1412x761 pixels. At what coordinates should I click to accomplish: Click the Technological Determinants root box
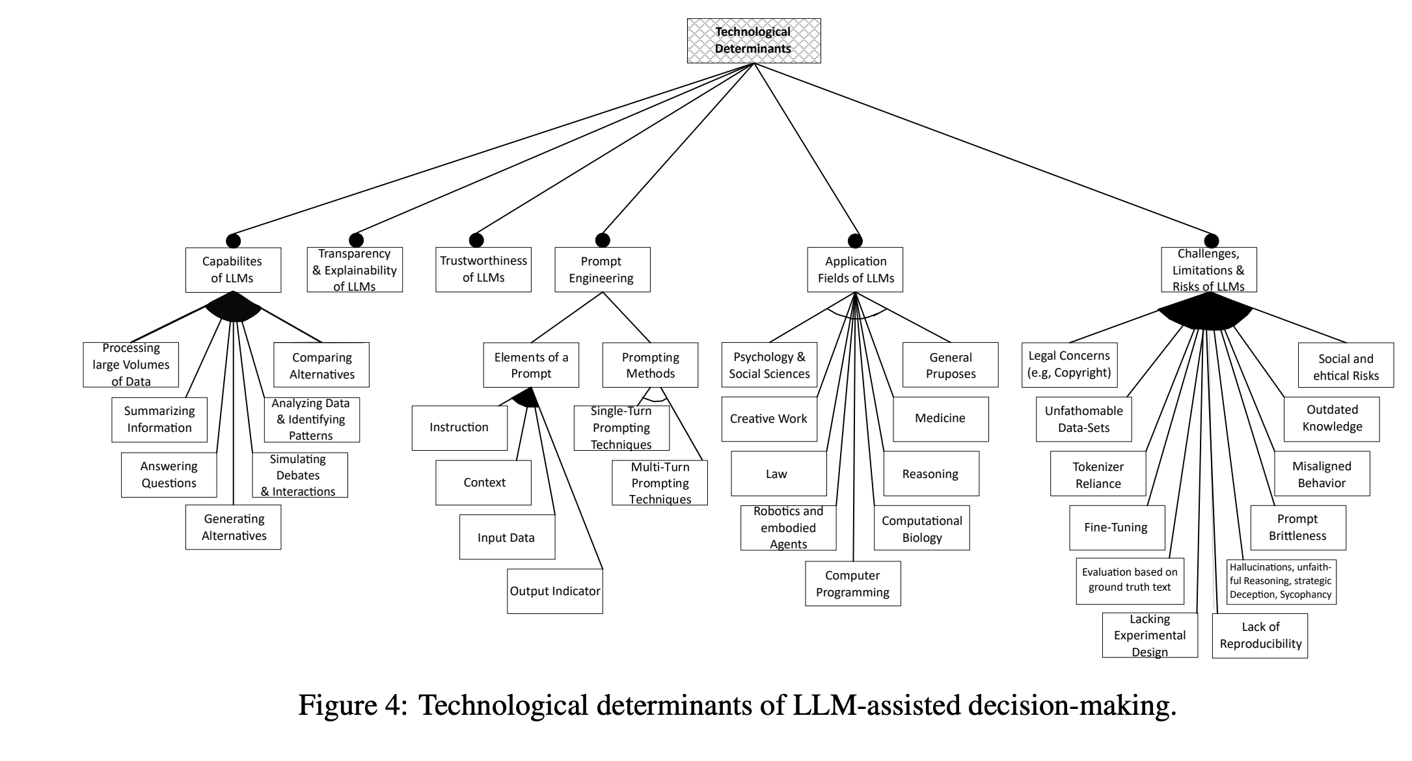754,40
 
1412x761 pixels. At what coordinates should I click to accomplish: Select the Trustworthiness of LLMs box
483,269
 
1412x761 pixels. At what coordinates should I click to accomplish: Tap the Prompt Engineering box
602,269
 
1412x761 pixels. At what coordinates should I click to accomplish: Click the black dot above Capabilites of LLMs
233,241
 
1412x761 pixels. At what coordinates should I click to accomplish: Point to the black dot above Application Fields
855,241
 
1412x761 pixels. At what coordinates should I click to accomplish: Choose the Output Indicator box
554,591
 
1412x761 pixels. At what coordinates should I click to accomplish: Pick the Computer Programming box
852,584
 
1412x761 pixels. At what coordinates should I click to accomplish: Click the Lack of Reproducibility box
1260,635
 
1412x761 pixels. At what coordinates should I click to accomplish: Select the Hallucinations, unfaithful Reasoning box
1281,581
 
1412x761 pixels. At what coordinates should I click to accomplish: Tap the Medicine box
940,419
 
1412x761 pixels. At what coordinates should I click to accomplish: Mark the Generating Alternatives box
233,527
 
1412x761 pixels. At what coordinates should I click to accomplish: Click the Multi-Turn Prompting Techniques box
659,483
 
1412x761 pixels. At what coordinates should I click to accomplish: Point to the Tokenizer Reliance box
1098,475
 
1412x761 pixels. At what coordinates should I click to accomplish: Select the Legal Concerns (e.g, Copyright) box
1069,364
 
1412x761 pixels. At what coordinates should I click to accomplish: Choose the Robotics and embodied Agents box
788,527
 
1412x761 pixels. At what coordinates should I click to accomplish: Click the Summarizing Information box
159,420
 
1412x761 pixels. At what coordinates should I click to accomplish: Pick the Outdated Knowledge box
1331,419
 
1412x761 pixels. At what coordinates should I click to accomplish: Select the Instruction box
459,427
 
